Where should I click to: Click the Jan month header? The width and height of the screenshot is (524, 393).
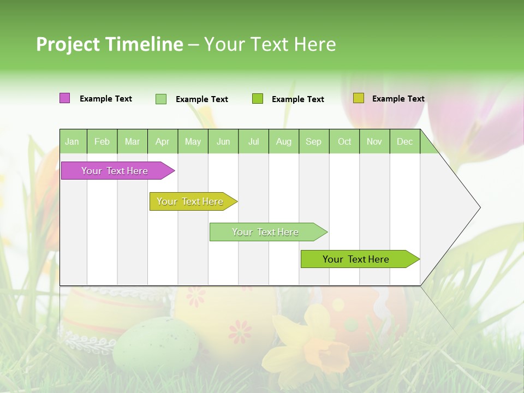pos(73,141)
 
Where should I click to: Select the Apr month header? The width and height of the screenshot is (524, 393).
pos(163,141)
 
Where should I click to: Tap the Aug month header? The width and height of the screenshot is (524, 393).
pos(284,141)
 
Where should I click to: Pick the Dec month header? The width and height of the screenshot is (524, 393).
pos(405,141)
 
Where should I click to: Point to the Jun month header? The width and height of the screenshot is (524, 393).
pos(223,141)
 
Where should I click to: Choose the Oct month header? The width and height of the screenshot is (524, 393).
pos(344,141)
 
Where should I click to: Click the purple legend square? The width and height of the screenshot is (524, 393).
pos(64,98)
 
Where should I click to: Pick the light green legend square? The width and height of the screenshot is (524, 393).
pos(161,99)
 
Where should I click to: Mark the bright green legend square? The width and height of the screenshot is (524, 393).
pos(258,99)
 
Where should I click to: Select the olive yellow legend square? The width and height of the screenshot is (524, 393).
pos(358,98)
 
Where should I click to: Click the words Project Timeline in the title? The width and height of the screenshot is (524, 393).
pos(109,44)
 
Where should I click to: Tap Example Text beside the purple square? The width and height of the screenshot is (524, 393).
pos(106,99)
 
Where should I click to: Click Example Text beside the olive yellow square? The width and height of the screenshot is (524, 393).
pos(398,99)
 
